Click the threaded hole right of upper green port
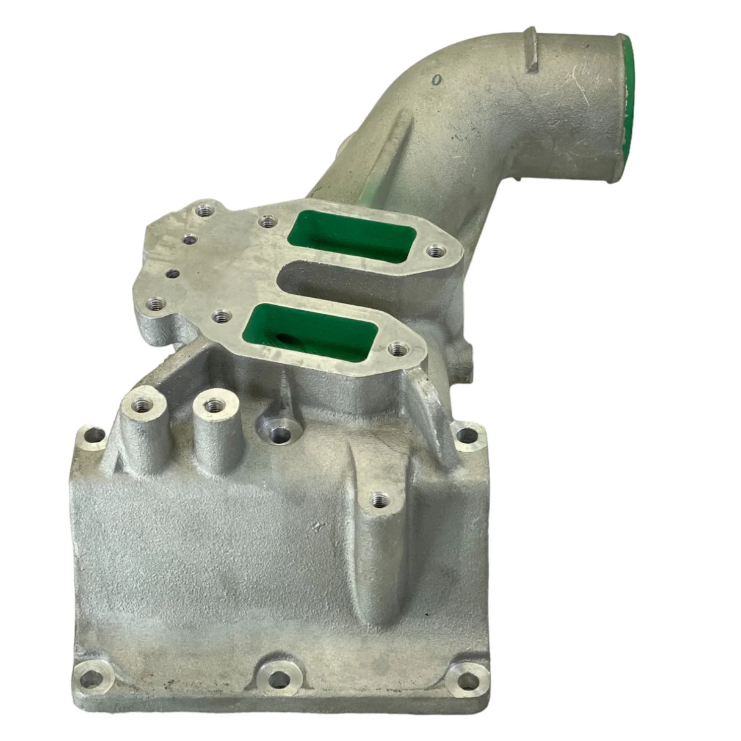click(433, 249)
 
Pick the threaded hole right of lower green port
click(398, 349)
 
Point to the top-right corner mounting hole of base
click(466, 435)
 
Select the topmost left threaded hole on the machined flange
click(203, 212)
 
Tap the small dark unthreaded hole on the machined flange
click(175, 274)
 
